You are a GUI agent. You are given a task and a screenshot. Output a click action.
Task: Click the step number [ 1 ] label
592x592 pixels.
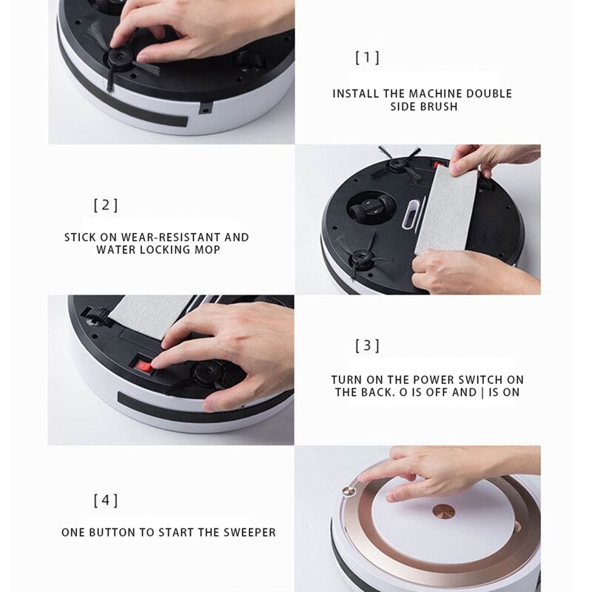pos(368,58)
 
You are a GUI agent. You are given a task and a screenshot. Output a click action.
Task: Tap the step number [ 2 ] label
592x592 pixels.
pos(106,206)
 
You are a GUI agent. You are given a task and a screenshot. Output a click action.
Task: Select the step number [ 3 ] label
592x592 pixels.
pos(368,346)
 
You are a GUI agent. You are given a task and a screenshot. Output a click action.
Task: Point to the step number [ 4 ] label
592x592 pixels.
pos(106,500)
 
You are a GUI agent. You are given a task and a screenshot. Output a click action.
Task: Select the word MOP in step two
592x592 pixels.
pos(207,250)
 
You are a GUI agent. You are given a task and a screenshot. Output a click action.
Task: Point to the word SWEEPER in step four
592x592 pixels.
pos(251,533)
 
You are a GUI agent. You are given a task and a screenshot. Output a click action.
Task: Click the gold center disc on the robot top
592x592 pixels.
pos(444,511)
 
